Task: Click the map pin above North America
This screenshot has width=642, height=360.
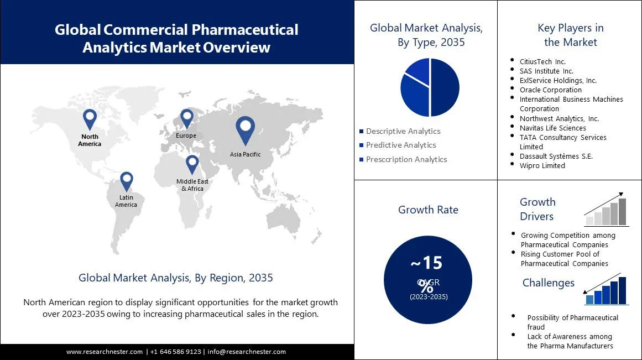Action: pos(90,119)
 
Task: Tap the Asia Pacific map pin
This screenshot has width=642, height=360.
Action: pos(245,130)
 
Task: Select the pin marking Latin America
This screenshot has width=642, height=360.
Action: pos(127,181)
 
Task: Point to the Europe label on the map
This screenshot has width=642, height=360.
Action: pos(186,135)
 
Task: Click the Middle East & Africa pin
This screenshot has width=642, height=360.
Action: pos(192,164)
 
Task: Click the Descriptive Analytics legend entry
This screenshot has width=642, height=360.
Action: pos(403,131)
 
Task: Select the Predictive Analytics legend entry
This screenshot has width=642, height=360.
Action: pos(400,145)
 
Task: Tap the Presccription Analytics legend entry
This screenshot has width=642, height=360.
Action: pos(406,159)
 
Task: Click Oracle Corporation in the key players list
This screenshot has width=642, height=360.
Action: pos(550,90)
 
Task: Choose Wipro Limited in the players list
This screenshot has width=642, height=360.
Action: pos(542,165)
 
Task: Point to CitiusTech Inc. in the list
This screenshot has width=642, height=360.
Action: pos(542,61)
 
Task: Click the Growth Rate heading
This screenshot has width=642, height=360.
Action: pos(428,210)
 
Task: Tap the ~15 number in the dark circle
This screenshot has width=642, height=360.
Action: pos(426,262)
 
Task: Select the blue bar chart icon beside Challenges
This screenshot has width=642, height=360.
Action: pos(607,290)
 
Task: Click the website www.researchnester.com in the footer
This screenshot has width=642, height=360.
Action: pos(105,352)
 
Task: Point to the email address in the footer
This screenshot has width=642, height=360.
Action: pos(247,352)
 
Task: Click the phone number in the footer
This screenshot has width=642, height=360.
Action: pos(175,352)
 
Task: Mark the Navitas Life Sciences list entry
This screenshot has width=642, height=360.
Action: pos(552,128)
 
